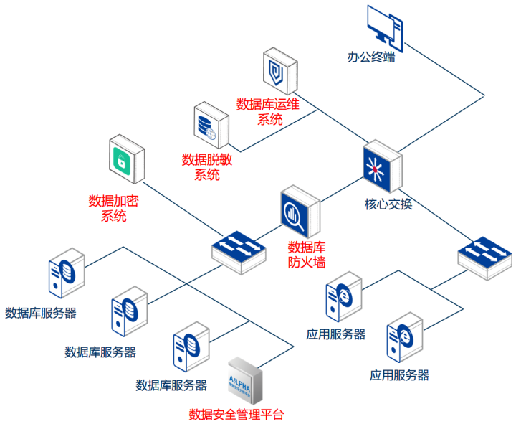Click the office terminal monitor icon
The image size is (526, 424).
(383, 26)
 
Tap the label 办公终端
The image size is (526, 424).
(371, 57)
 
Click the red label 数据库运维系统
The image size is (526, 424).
(267, 112)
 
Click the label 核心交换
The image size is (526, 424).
(388, 204)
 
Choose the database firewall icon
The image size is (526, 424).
(299, 212)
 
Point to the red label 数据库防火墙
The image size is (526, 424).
(307, 255)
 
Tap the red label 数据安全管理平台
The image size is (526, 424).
(236, 415)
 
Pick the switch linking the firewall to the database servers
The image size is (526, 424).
(239, 250)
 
